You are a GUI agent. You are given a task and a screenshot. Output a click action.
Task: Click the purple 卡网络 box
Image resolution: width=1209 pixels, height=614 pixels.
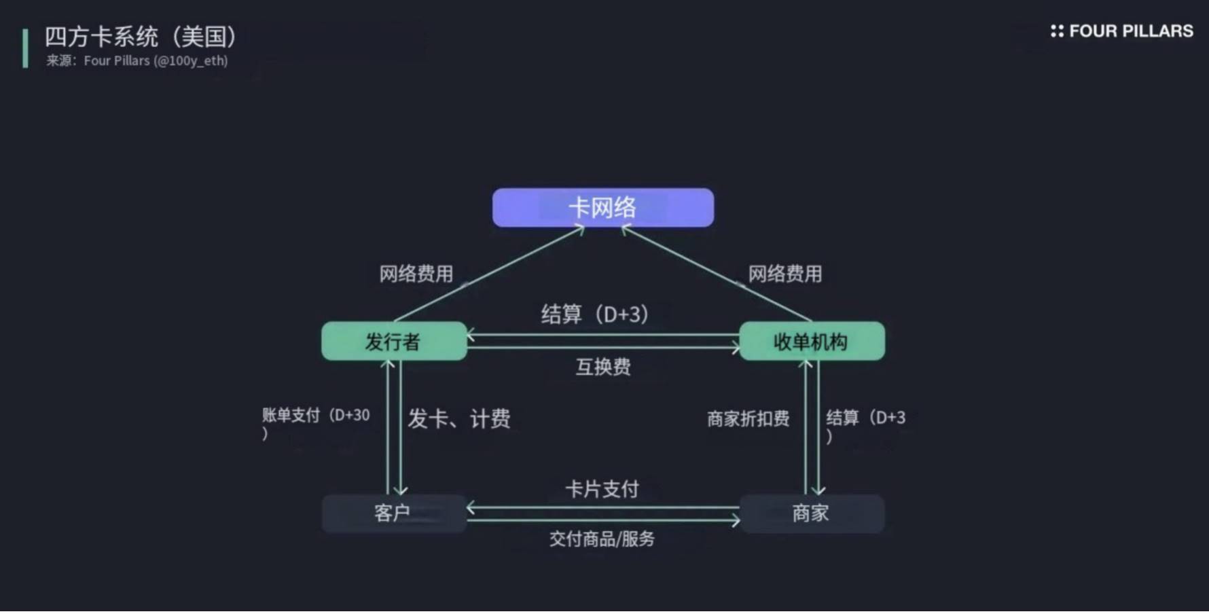coord(602,208)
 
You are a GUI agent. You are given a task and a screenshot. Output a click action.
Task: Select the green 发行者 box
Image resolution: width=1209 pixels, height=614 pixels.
coord(394,341)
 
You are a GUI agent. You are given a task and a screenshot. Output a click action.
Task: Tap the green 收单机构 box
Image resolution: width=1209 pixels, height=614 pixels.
coord(812,341)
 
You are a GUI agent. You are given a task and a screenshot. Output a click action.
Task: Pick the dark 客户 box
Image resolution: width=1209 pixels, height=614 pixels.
coord(394,513)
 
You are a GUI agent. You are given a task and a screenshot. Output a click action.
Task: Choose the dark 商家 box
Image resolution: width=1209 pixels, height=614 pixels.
coord(812,513)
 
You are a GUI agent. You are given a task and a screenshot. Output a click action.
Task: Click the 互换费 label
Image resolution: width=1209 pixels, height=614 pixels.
coord(603,367)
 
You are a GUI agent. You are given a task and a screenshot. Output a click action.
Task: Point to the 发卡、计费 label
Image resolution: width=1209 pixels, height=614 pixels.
coord(459,419)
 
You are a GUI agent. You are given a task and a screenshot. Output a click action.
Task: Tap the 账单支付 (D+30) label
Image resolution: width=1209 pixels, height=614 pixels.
coord(316,416)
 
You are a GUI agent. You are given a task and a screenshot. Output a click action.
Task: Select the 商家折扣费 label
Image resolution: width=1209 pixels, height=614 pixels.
coord(748,419)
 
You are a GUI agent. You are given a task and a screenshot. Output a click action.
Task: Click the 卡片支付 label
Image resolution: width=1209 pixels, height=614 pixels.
coord(602,489)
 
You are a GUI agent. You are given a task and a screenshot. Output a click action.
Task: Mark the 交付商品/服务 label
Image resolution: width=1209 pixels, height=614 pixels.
coord(602,539)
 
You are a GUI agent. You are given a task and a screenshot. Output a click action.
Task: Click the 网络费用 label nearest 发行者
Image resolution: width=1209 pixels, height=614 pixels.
coord(416,274)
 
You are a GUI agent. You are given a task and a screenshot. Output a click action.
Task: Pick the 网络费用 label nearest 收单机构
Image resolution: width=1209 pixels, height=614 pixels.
coord(784,274)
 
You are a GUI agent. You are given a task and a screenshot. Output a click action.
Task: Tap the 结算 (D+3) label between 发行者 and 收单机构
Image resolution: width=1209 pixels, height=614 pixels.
coord(595,314)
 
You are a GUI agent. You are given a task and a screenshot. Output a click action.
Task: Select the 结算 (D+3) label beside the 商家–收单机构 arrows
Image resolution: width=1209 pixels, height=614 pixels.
coord(865,418)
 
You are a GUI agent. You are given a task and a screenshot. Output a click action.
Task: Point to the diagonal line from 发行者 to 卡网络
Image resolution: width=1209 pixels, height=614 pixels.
coord(489,274)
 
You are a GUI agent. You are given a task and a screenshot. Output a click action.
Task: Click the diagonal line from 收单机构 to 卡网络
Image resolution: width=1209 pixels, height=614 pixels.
coord(717,274)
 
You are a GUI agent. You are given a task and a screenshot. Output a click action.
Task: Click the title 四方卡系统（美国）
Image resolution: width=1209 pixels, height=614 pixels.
coord(141,37)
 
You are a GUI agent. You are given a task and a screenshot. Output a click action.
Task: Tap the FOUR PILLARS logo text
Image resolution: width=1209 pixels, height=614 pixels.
coord(1130,31)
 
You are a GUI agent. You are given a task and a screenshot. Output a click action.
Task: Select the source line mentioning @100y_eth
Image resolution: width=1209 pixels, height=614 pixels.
coord(137,61)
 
